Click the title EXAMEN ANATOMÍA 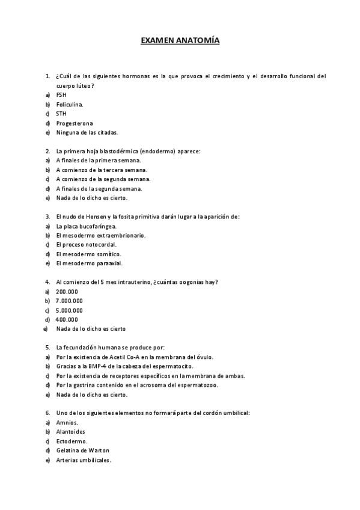180,41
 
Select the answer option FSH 61,95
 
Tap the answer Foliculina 70,105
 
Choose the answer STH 61,114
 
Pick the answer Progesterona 74,123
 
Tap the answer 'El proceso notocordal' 86,245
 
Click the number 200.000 67,292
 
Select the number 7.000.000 69,301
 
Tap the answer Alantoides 70,432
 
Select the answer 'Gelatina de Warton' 82,450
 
